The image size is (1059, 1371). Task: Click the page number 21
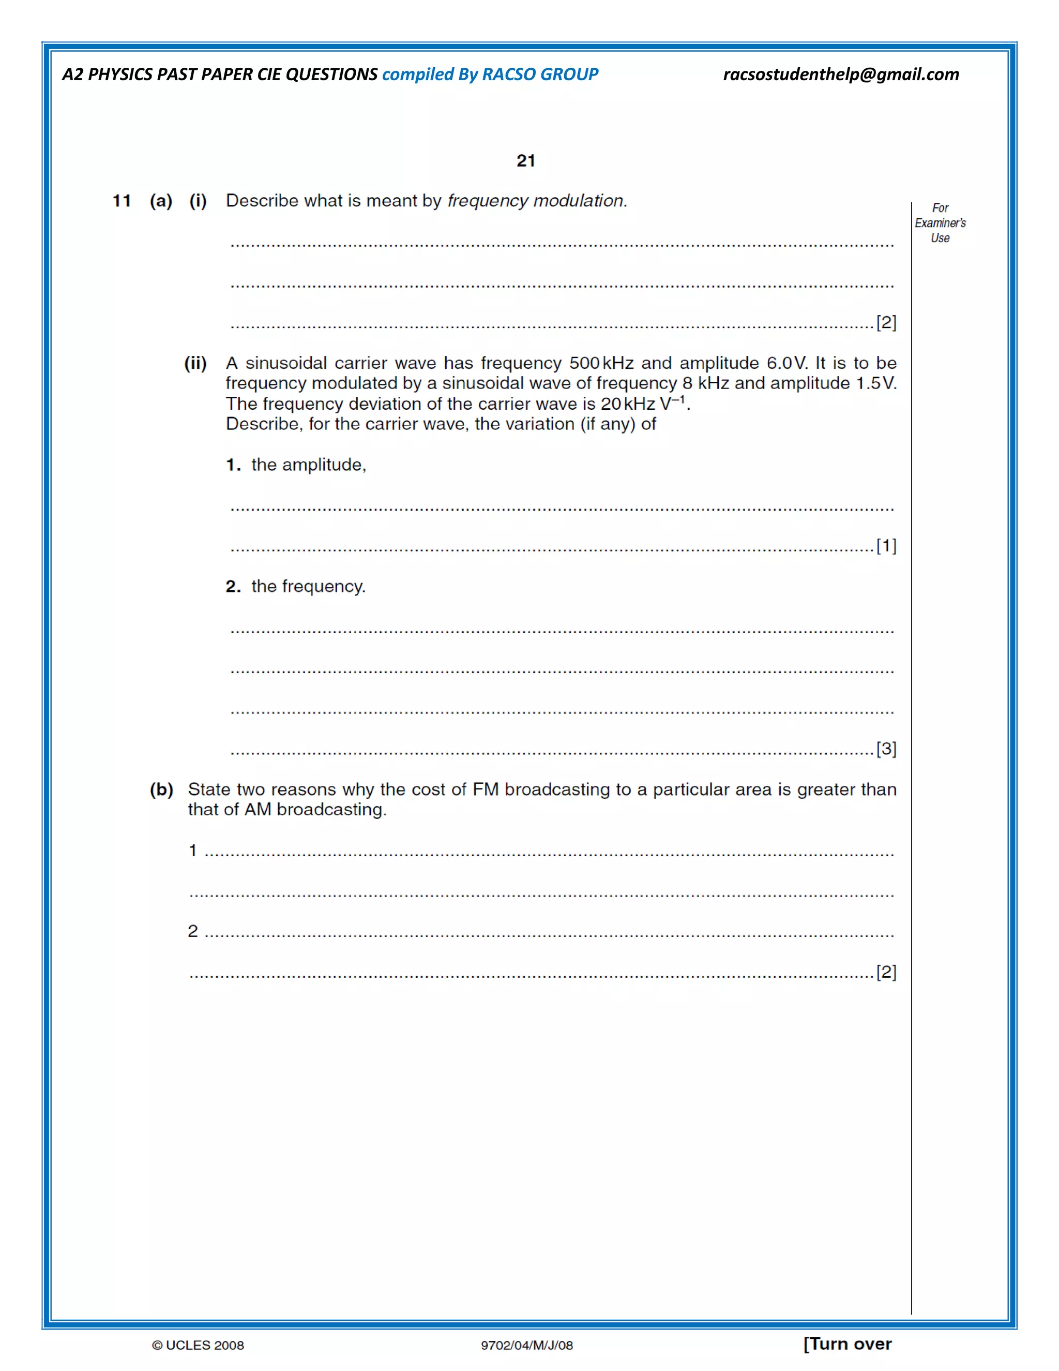click(526, 161)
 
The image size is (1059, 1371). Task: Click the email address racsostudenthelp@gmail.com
click(841, 74)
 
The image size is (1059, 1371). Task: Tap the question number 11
click(122, 201)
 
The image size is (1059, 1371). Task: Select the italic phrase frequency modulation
click(535, 201)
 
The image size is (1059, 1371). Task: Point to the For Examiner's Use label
click(940, 223)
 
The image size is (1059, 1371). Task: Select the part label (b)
click(161, 789)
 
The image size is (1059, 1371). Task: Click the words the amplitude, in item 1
click(309, 465)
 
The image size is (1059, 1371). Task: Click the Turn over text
click(848, 1344)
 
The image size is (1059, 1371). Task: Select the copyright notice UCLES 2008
click(198, 1345)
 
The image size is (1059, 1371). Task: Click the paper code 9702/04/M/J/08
click(526, 1345)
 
